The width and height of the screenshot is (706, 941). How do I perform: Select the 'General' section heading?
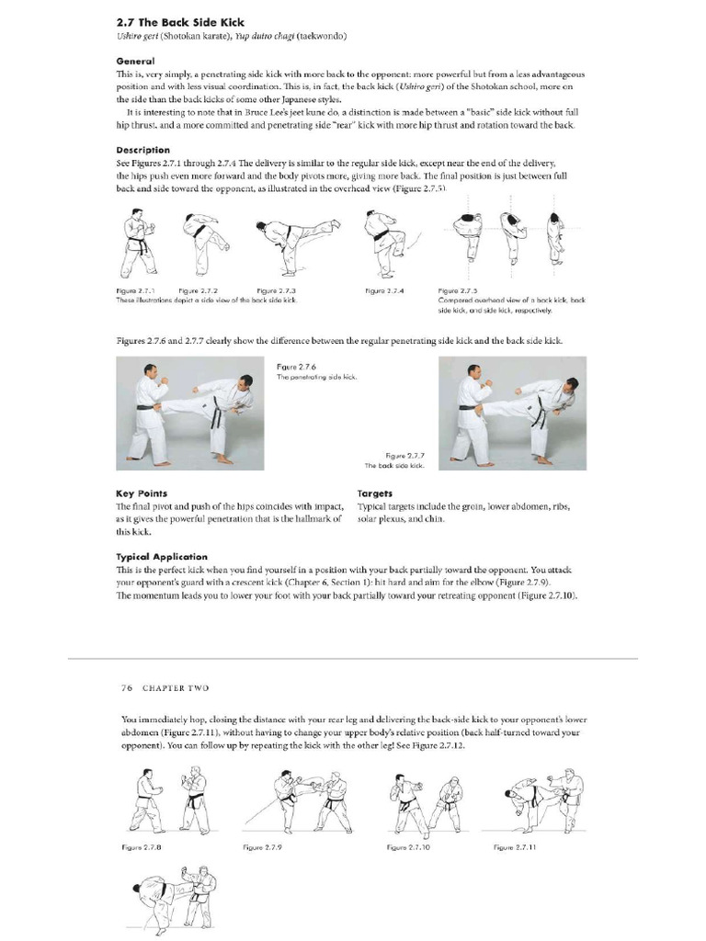[135, 61]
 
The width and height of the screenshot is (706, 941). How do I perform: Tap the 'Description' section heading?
[142, 150]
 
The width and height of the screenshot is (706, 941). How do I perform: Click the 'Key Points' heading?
[142, 493]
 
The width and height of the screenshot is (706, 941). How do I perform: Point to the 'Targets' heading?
[374, 493]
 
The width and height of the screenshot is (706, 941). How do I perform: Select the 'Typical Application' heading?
[162, 557]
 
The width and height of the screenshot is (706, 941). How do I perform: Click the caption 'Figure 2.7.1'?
[134, 290]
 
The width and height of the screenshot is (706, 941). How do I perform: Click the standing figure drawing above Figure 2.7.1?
[138, 244]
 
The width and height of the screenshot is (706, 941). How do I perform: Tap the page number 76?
[127, 687]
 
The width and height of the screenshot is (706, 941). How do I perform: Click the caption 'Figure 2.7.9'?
[262, 846]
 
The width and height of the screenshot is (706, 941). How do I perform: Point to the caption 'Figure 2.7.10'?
[409, 846]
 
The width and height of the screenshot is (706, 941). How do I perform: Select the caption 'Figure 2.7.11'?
[515, 846]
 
